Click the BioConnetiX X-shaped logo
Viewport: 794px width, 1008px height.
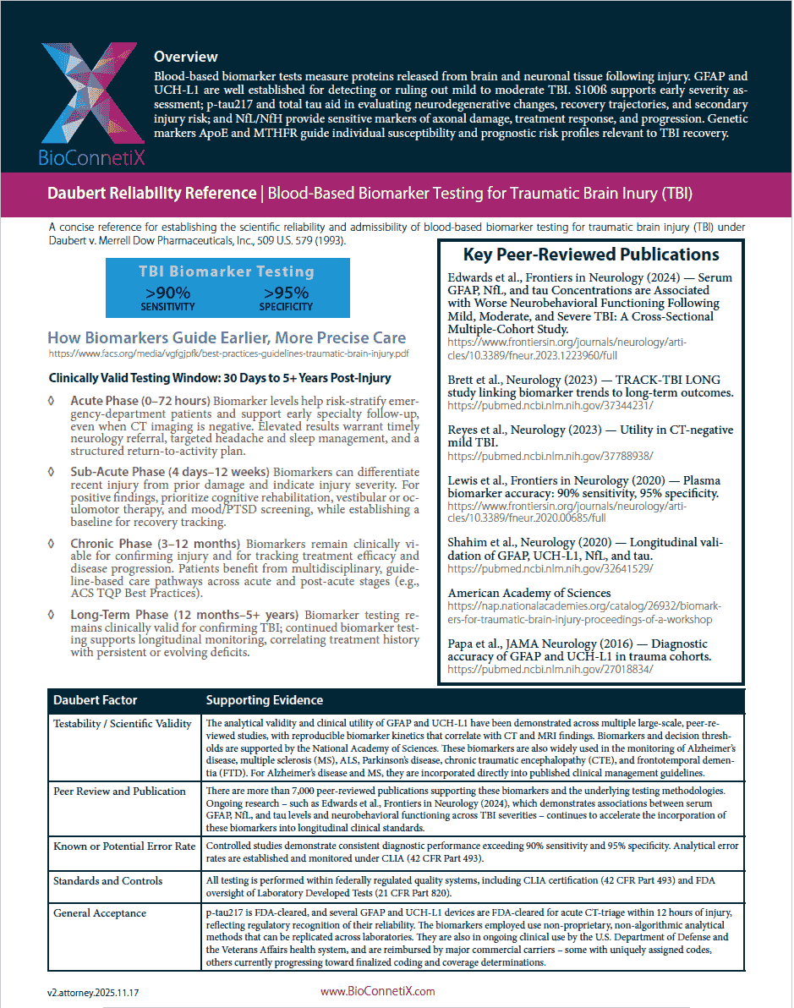81,94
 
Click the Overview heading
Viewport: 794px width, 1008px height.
185,58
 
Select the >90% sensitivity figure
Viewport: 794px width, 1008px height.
167,297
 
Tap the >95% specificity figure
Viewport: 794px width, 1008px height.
286,297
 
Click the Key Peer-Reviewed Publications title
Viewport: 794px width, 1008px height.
591,255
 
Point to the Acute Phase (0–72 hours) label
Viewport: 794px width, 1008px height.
140,400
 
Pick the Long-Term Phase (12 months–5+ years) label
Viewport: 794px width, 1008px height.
183,615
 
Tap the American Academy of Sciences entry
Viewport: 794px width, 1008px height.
529,593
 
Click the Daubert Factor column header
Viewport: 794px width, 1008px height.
95,700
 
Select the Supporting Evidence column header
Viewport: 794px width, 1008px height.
265,700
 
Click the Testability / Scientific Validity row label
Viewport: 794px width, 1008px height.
123,724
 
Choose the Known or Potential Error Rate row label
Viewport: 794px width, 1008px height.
124,846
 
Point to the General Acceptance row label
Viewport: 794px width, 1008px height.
100,913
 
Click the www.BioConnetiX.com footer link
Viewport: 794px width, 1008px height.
377,991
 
